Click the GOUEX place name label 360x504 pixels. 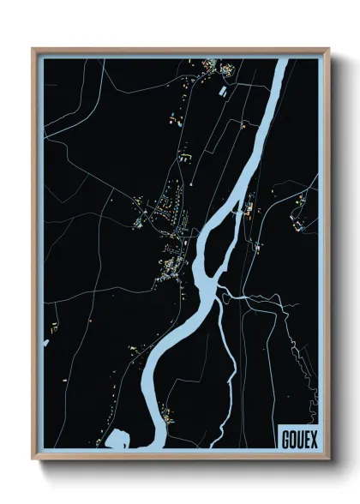297,438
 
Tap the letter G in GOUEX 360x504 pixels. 285,438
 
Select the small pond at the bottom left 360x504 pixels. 117,440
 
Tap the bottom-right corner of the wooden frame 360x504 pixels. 329,459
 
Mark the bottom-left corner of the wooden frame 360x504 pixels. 33,459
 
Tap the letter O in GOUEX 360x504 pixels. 291,438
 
